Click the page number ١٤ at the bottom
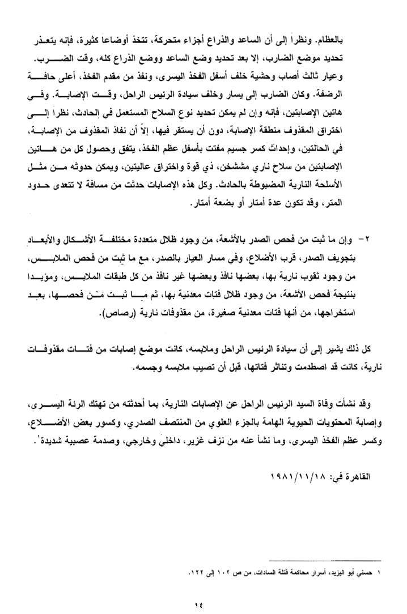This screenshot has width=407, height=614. coord(197,605)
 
